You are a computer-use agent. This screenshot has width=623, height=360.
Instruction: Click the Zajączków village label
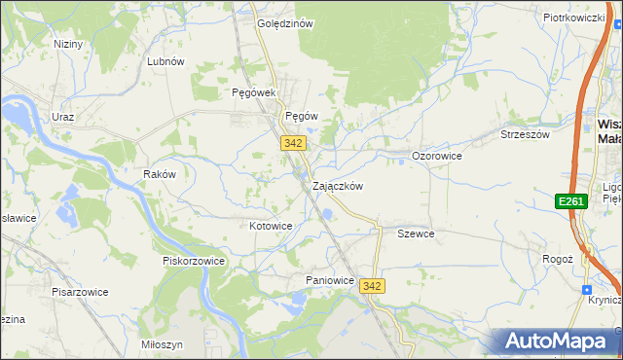[338, 186]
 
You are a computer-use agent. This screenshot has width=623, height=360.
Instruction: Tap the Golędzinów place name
[284, 23]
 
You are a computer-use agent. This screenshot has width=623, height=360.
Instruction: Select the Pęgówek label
[255, 92]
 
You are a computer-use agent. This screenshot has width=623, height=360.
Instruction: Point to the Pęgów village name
[302, 115]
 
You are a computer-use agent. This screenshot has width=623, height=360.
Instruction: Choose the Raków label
[159, 174]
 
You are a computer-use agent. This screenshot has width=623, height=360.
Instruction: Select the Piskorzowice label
[194, 261]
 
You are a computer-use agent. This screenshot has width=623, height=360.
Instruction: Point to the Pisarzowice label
[80, 292]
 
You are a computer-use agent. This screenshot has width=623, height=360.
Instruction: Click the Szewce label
[416, 234]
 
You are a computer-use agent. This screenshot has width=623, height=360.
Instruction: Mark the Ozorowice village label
[436, 156]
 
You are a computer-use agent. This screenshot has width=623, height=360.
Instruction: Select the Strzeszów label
[525, 135]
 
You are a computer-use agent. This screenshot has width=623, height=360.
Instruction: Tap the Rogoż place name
[557, 259]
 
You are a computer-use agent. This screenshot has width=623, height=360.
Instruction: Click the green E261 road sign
[570, 201]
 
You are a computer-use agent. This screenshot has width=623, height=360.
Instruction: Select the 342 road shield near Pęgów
[294, 143]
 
